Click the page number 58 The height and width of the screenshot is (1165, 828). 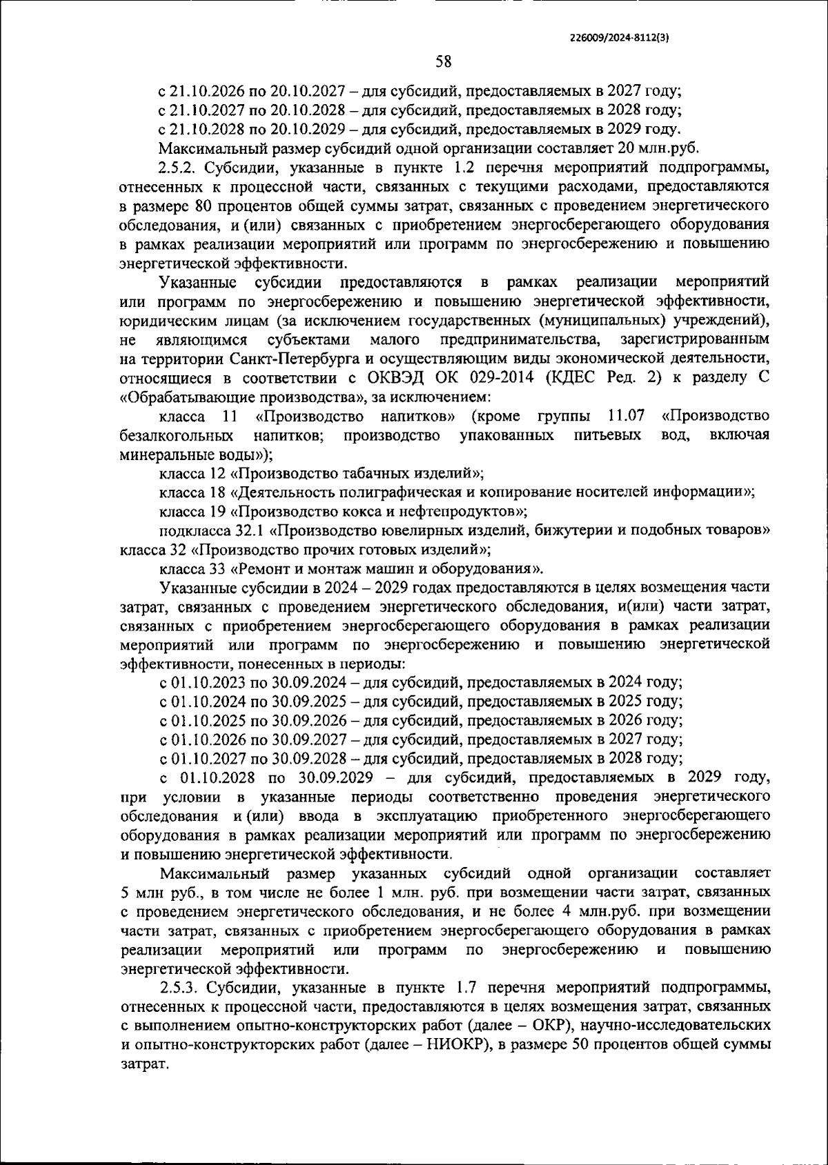pyautogui.click(x=443, y=62)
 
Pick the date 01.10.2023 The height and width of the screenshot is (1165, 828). pyautogui.click(x=205, y=683)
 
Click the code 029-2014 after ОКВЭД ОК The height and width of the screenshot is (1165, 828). pyautogui.click(x=495, y=379)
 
